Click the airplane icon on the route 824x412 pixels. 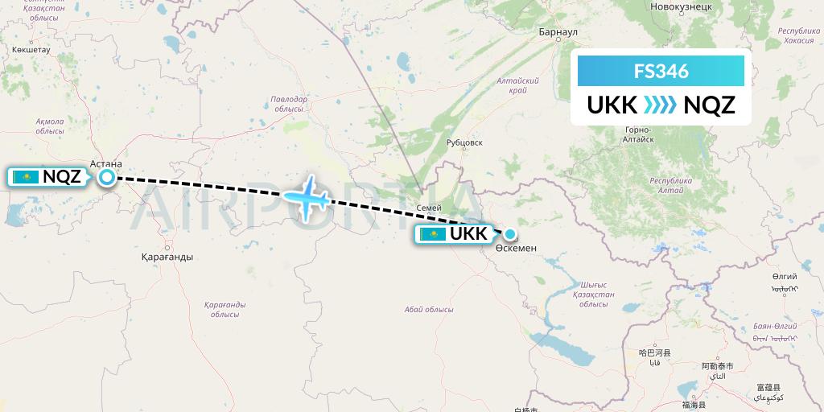(x=307, y=196)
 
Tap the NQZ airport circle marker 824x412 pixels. (x=106, y=177)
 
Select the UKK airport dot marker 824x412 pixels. (x=509, y=234)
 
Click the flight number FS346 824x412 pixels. (x=661, y=71)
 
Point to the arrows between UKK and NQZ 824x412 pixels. (x=661, y=105)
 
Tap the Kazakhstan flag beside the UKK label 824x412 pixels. (x=433, y=234)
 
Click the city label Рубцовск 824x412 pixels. (x=464, y=142)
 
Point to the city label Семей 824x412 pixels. (x=428, y=208)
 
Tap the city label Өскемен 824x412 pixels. (x=516, y=249)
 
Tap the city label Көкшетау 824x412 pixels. (x=31, y=49)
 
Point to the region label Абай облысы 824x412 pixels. (x=428, y=309)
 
